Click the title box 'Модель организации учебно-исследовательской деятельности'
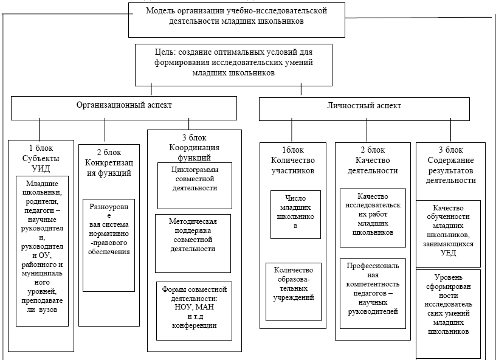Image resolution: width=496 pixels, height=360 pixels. [241, 16]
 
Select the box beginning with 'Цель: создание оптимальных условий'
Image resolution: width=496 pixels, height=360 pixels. [233, 63]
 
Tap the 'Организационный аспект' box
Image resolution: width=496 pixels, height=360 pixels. [123, 105]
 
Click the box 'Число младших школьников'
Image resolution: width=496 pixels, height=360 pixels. [295, 213]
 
